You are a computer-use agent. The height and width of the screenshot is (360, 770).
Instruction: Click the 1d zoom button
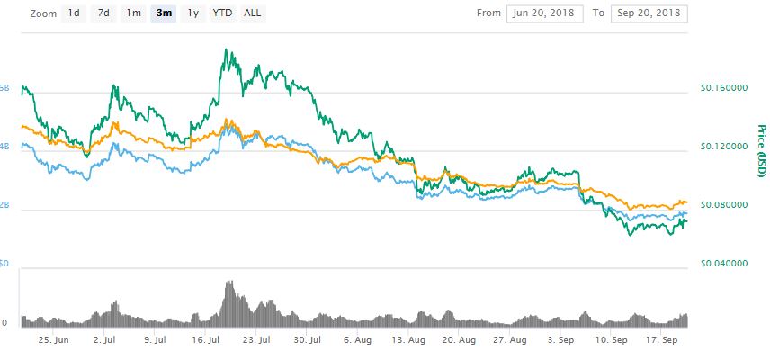[74, 13]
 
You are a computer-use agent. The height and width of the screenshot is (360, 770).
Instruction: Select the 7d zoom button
[103, 13]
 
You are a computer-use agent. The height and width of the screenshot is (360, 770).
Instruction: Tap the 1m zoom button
[133, 13]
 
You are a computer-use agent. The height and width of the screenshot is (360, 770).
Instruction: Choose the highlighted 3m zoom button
[164, 13]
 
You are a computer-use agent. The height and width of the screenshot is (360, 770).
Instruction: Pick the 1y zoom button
[192, 13]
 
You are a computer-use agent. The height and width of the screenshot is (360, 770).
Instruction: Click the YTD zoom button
[221, 13]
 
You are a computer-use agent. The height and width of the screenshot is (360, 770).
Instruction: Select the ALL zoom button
[254, 13]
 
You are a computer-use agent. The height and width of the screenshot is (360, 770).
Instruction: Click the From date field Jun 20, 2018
[543, 13]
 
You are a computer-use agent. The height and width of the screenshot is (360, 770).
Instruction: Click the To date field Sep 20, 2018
[649, 13]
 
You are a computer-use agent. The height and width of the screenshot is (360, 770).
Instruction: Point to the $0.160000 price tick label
[723, 88]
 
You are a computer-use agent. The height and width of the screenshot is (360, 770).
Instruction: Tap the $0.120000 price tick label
[723, 147]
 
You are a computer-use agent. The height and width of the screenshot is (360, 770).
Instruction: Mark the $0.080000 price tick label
[723, 205]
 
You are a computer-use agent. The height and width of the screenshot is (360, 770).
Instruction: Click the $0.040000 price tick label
[723, 264]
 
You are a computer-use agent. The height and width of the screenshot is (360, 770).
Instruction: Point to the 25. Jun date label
[54, 341]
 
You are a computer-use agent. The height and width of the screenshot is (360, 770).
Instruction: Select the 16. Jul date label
[207, 341]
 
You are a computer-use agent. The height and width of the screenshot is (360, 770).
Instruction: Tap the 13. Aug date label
[410, 341]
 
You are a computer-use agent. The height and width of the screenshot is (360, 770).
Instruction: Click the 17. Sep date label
[664, 341]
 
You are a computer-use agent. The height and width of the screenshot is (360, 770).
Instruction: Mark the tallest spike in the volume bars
[229, 283]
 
